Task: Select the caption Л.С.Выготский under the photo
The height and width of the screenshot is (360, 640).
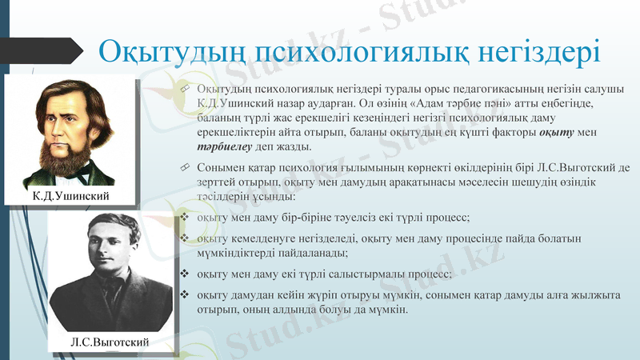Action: click(110, 342)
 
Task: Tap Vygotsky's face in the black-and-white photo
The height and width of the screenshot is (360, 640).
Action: click(102, 248)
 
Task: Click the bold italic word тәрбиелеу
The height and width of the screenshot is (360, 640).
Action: click(223, 147)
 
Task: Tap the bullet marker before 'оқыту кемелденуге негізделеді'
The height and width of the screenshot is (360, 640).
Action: click(185, 238)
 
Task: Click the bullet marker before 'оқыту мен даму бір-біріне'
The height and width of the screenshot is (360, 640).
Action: click(185, 218)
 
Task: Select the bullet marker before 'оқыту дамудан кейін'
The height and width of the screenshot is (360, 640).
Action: click(185, 295)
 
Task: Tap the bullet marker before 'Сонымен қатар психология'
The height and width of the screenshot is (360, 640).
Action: click(185, 167)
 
